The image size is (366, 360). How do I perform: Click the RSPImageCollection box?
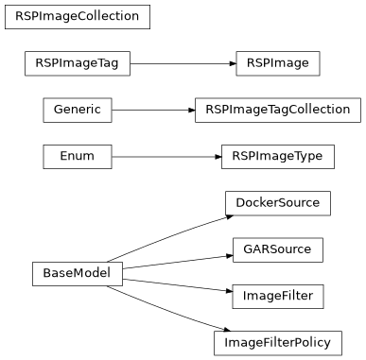pyautogui.click(x=77, y=16)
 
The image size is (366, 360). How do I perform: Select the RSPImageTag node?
pyautogui.click(x=77, y=63)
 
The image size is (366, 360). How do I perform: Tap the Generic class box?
pyautogui.click(x=78, y=110)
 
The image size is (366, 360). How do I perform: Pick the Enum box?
pyautogui.click(x=78, y=156)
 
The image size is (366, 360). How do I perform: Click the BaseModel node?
pyautogui.click(x=77, y=274)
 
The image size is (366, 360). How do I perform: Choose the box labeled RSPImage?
pyautogui.click(x=278, y=63)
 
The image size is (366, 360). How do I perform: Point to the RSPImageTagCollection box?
pyautogui.click(x=278, y=110)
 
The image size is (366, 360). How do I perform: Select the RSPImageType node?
pyautogui.click(x=278, y=156)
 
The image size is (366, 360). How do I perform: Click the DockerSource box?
pyautogui.click(x=278, y=202)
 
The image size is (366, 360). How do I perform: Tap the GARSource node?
pyautogui.click(x=278, y=249)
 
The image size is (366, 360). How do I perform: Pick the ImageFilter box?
pyautogui.click(x=278, y=296)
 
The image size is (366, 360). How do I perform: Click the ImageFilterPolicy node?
pyautogui.click(x=278, y=342)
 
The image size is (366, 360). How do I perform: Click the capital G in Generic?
pyautogui.click(x=56, y=110)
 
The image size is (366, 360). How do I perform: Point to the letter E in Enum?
pyautogui.click(x=63, y=156)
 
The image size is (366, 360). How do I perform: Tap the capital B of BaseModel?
pyautogui.click(x=46, y=274)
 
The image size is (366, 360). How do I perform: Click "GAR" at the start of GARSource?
pyautogui.click(x=254, y=249)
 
